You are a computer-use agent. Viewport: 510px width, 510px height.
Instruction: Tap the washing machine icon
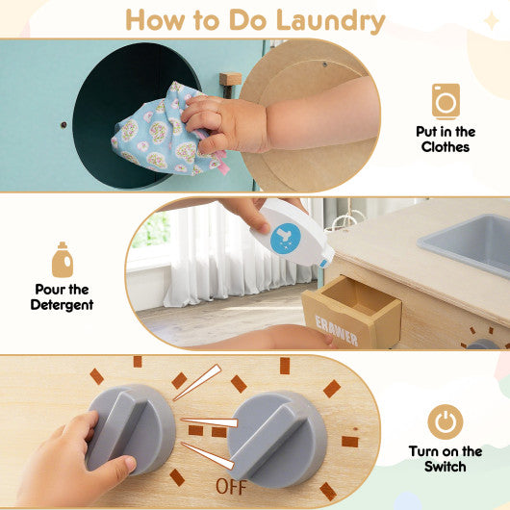(x=446, y=100)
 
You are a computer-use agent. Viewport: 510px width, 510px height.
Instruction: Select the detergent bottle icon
(x=63, y=260)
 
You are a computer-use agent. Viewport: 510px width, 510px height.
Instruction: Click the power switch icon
(x=445, y=421)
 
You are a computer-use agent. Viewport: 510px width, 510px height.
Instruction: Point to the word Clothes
(x=446, y=147)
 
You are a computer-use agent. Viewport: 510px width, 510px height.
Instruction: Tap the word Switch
(x=445, y=467)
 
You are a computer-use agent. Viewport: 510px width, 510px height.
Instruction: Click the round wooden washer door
(x=308, y=115)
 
